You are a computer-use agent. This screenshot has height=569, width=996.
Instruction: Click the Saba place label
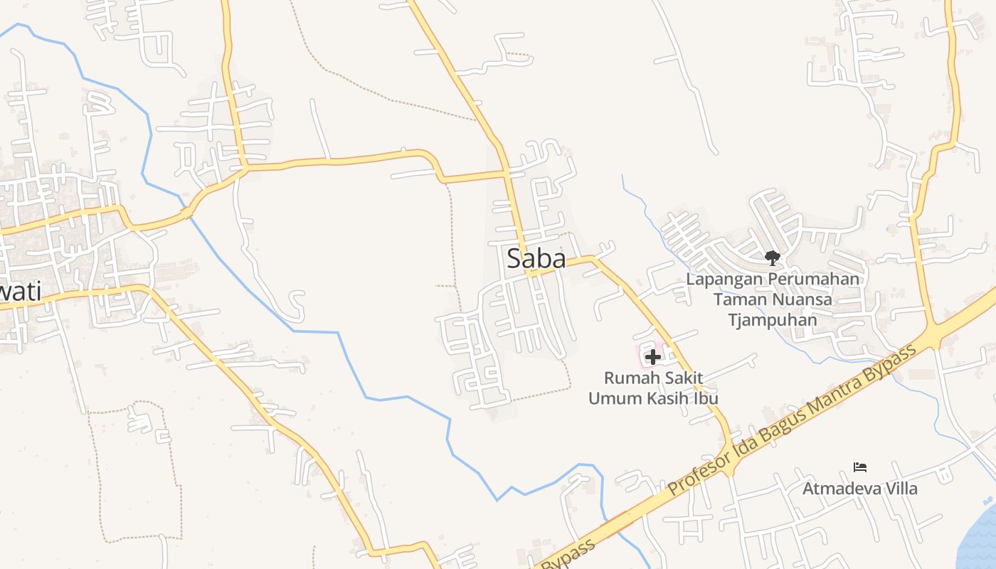coord(536,259)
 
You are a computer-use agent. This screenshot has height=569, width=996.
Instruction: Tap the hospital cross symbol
coord(652,357)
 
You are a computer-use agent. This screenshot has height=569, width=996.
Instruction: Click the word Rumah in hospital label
coord(629,378)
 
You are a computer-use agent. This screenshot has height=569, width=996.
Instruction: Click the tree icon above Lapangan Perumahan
coord(773,257)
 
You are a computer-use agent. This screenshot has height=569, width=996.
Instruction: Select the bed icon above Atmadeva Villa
coord(860,467)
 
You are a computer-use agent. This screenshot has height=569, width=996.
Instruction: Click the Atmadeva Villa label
coord(860,489)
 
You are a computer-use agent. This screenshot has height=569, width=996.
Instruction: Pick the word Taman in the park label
coord(738,299)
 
